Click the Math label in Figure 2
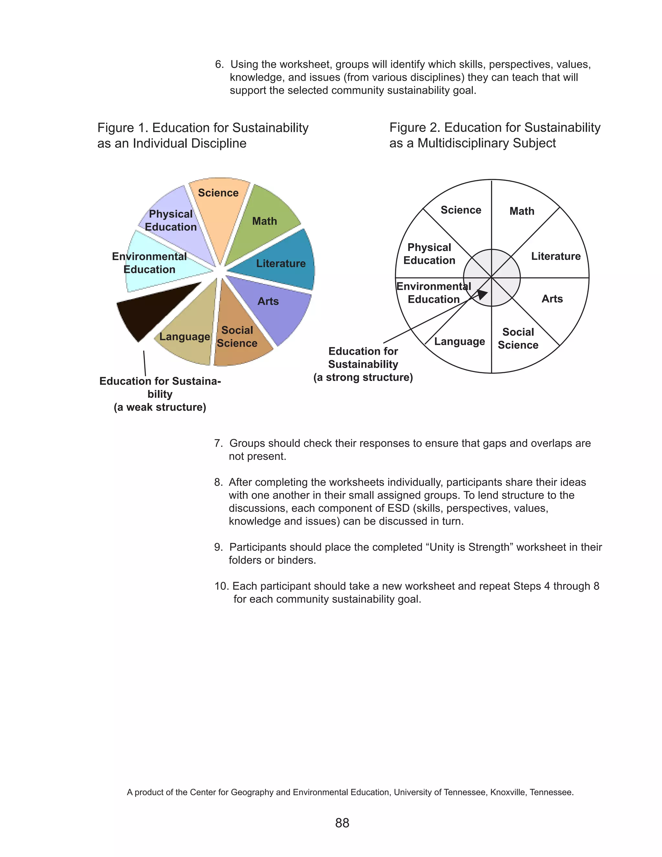coord(522,211)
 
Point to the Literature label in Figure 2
coord(556,256)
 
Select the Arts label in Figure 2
coord(552,299)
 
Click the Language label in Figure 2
coord(459,342)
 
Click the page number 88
coord(342,823)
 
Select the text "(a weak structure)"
coord(160,407)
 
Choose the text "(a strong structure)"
coord(363,377)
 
